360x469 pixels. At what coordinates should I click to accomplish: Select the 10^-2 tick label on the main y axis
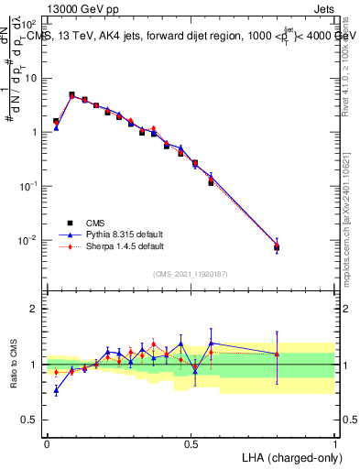[30, 240]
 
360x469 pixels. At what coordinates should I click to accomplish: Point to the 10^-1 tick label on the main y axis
[30, 186]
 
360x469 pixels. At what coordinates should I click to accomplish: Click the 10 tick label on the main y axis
[32, 78]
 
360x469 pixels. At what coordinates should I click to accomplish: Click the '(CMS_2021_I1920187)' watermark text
[190, 274]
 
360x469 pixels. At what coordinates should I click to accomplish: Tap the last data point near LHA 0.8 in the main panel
[277, 247]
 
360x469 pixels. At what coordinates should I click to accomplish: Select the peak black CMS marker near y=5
[71, 94]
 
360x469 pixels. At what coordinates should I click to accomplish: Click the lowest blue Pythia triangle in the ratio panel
[56, 390]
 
